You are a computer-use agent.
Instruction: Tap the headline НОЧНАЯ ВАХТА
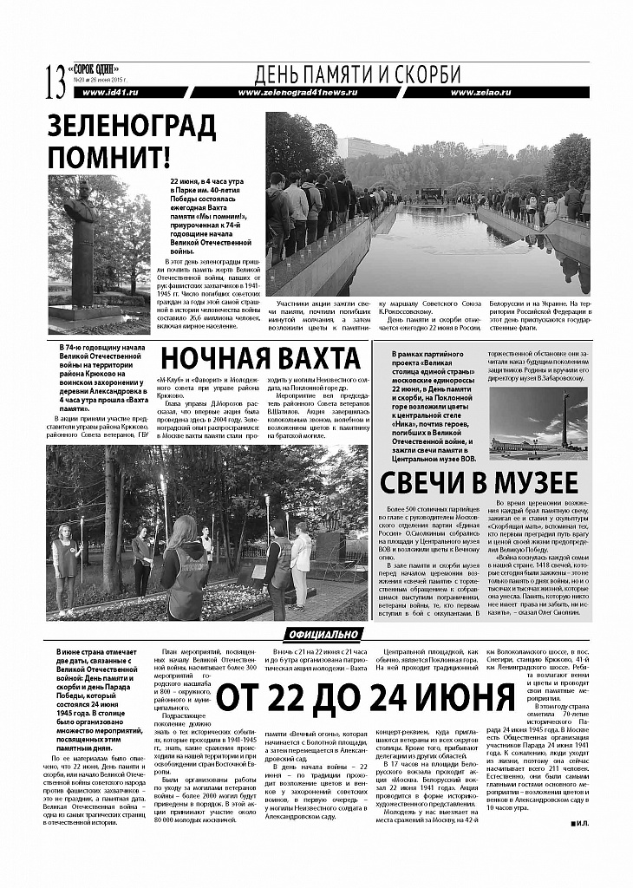coord(259,358)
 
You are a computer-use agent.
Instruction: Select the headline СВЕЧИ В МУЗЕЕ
coord(479,481)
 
